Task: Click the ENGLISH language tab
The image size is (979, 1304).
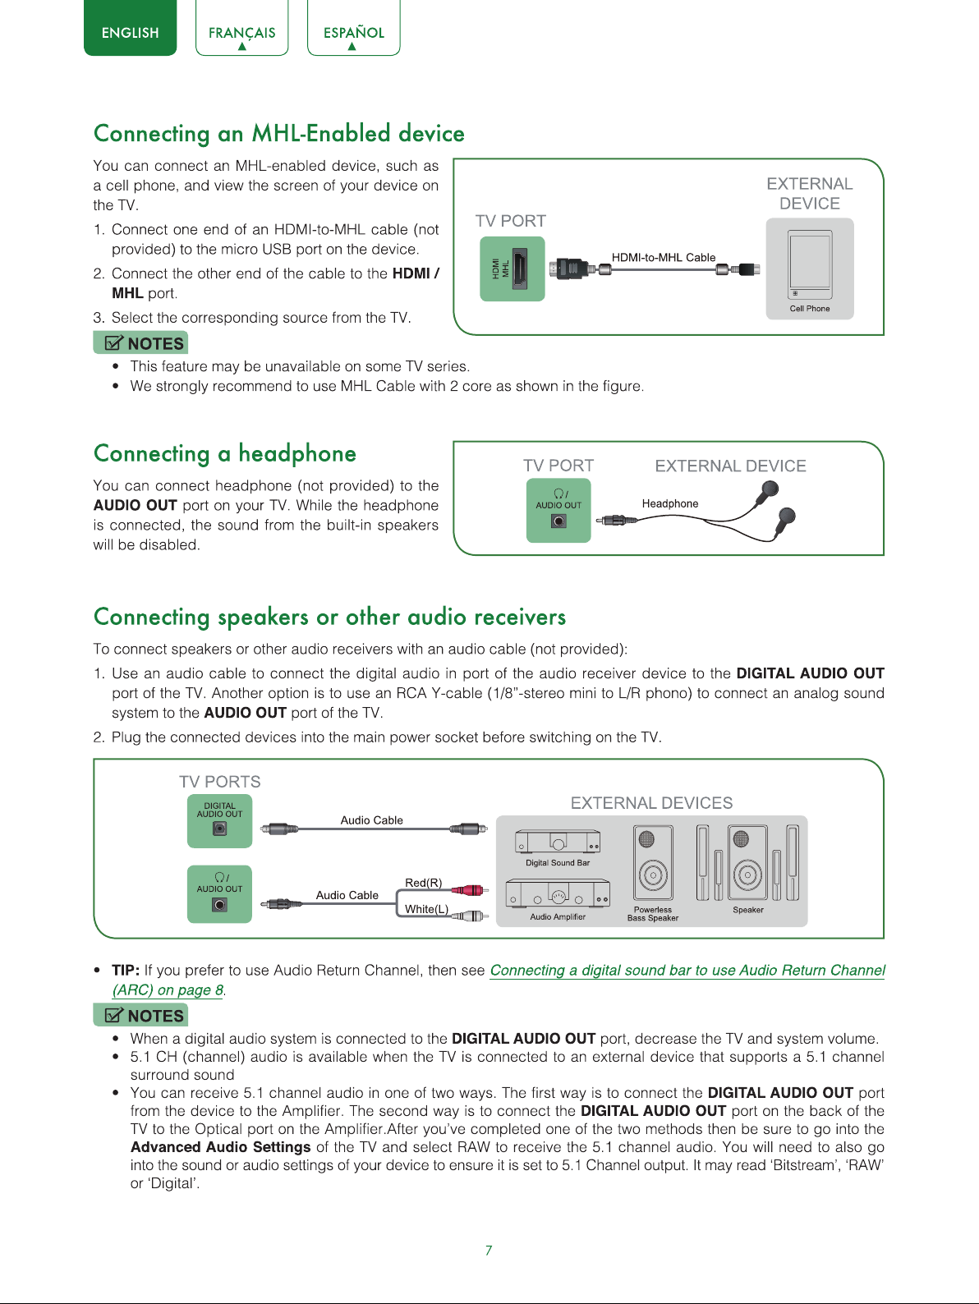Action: point(130,28)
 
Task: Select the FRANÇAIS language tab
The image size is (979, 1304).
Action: point(241,28)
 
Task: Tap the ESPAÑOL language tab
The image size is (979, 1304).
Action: point(353,28)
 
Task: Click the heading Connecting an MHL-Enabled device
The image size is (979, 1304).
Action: point(278,133)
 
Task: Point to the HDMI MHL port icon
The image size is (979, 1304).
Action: point(512,269)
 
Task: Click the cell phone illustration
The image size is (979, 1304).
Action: point(810,264)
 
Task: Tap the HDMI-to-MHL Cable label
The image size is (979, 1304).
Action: point(664,257)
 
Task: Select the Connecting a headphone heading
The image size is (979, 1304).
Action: point(224,453)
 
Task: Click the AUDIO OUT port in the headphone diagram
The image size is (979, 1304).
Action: point(558,510)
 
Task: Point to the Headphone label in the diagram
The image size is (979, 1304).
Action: point(670,503)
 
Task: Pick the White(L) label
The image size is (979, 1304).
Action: point(426,909)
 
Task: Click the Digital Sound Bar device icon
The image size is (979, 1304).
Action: point(558,841)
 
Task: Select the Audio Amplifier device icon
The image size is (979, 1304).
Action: point(558,893)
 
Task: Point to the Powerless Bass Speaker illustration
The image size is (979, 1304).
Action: point(653,862)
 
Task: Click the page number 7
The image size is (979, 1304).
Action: point(489,1250)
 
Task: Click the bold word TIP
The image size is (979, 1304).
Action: point(126,970)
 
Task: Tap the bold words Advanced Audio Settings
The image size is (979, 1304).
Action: point(220,1146)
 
